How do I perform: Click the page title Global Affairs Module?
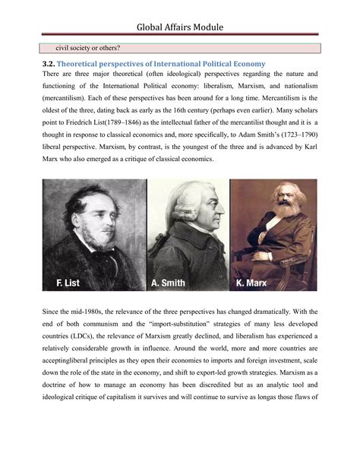[179, 29]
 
